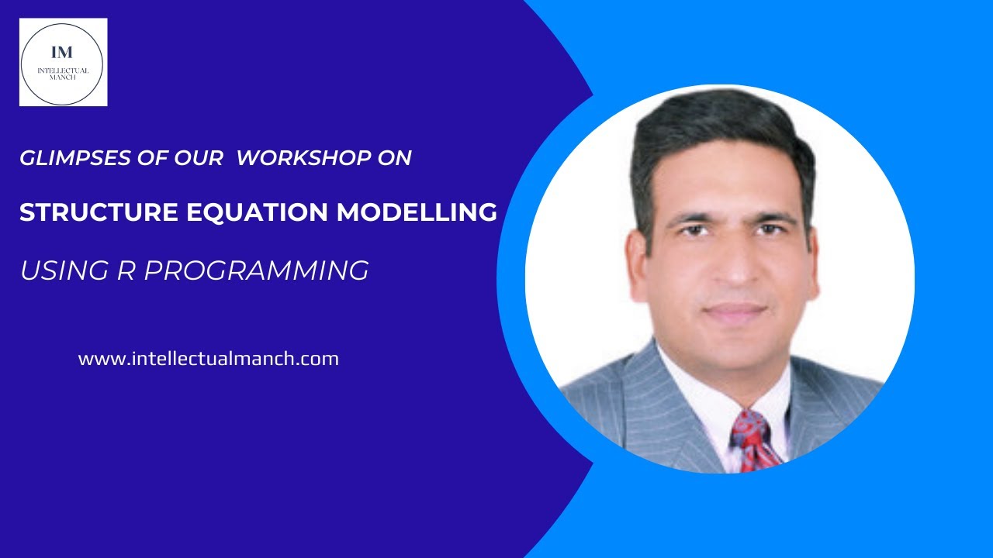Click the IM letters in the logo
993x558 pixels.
click(62, 53)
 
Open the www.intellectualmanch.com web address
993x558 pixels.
click(208, 360)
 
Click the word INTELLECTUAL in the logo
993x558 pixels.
click(64, 71)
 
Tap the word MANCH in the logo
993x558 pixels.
click(64, 78)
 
